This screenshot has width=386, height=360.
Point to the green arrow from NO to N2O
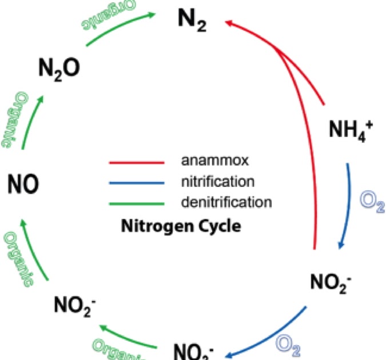(x=31, y=120)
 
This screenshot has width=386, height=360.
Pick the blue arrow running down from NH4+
(x=350, y=206)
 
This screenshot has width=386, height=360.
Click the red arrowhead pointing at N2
(x=230, y=23)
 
